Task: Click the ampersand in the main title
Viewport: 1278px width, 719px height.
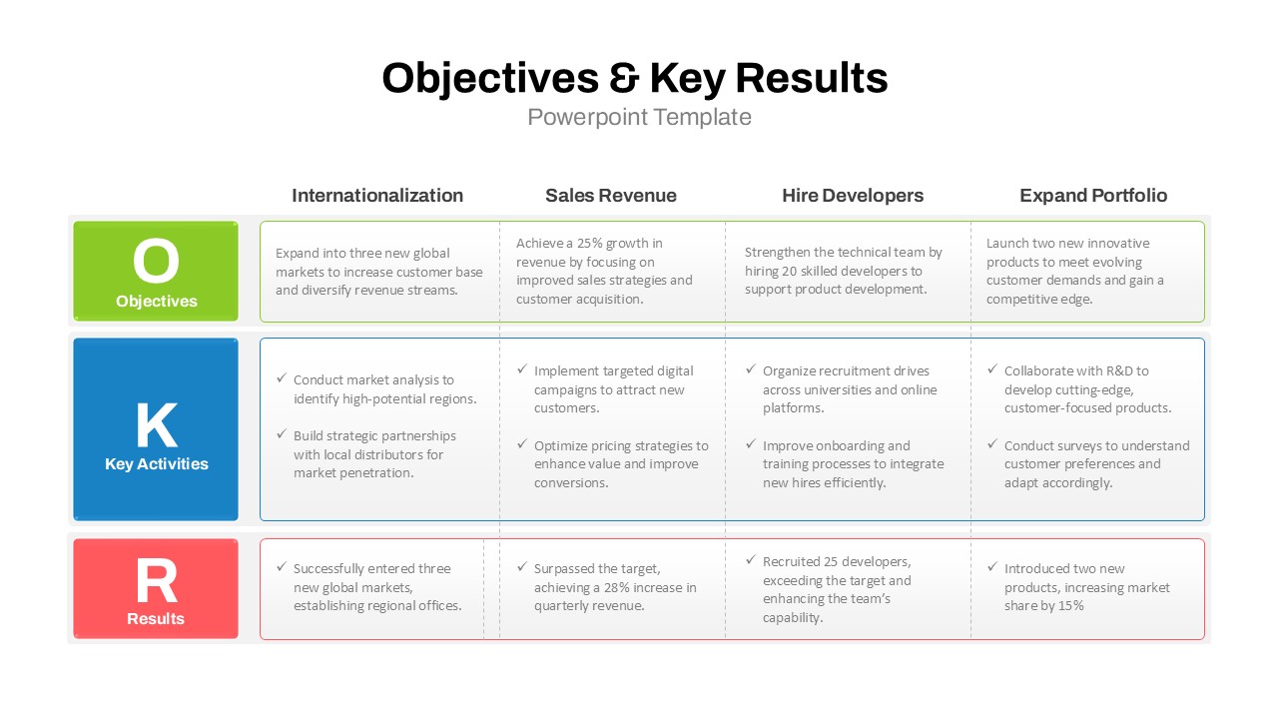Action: tap(624, 78)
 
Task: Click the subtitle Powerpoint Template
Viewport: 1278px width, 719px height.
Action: tap(639, 118)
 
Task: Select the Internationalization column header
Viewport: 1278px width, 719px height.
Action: tap(377, 196)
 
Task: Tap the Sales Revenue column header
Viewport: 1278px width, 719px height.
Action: tap(610, 196)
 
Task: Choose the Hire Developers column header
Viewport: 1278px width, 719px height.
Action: tap(853, 196)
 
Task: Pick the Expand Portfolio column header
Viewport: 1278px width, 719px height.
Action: tap(1093, 196)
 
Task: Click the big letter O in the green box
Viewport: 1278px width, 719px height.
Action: tap(156, 261)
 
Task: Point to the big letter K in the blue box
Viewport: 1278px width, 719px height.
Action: tap(157, 425)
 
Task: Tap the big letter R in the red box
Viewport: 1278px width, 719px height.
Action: tap(157, 580)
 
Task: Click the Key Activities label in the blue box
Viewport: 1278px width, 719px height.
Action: tap(157, 464)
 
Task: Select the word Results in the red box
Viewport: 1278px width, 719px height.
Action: tap(156, 618)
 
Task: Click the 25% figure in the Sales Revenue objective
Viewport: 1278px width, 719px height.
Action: tap(589, 244)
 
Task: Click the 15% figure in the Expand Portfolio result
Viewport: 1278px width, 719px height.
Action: tap(1071, 606)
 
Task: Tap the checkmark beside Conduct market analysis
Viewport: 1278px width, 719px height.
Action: tap(282, 377)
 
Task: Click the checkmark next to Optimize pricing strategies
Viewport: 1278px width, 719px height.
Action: tap(522, 443)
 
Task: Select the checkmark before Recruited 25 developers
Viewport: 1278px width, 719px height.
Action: tap(751, 560)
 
